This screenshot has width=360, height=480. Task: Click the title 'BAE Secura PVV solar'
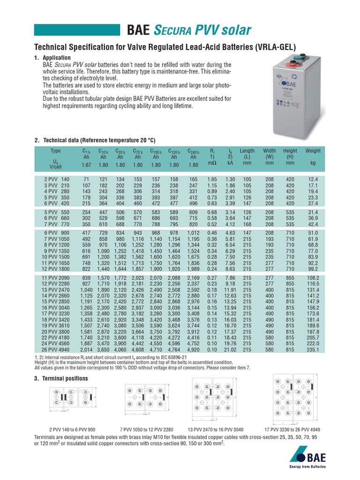pyautogui.click(x=189, y=30)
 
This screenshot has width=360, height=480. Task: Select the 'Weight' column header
pyautogui.click(x=313, y=151)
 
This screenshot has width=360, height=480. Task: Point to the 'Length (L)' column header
pyautogui.click(x=247, y=154)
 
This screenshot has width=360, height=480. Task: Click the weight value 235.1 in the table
pyautogui.click(x=313, y=350)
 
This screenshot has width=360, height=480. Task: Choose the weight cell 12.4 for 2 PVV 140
pyautogui.click(x=313, y=180)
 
